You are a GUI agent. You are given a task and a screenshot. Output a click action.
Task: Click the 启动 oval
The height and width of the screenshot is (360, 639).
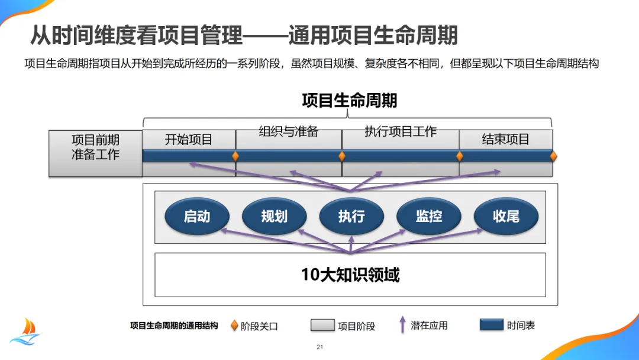pos(196,217)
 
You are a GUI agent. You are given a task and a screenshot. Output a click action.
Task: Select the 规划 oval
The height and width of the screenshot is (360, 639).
pos(274,217)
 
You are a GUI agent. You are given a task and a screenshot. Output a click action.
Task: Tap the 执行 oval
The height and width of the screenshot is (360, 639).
pos(351,217)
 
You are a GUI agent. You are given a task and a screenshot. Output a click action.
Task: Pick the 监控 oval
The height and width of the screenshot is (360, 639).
pos(428,217)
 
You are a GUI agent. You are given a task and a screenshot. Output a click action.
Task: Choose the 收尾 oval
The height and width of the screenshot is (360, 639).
pos(506,217)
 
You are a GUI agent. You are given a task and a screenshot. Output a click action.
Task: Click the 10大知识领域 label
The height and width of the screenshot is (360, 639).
pos(350,275)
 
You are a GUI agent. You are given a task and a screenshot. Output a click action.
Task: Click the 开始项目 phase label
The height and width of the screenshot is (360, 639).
pos(189,140)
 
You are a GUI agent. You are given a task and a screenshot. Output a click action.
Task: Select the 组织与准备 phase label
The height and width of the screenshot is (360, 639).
pos(288,131)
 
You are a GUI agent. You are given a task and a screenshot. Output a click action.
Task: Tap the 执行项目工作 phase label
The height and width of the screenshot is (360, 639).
pos(401,131)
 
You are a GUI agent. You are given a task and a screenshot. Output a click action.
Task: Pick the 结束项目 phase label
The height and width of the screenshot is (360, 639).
pos(506,140)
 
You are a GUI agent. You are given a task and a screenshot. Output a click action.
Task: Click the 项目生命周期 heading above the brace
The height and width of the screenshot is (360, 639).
pos(349,100)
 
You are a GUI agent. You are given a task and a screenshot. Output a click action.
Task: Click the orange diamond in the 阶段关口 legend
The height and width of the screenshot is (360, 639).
pos(234,326)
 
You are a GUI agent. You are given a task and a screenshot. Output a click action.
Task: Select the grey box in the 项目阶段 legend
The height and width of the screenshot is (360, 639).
pos(322,326)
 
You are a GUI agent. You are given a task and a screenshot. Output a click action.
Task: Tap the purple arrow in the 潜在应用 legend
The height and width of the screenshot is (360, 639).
pos(402,324)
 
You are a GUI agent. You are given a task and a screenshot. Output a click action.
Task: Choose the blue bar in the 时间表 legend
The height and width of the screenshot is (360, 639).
pos(491,325)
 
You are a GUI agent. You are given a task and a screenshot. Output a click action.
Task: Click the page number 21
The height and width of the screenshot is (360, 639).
pos(319,347)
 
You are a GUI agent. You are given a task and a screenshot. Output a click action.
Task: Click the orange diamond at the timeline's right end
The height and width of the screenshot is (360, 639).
pos(554,156)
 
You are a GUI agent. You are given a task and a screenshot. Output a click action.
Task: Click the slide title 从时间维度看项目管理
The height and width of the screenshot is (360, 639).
pos(137,36)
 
